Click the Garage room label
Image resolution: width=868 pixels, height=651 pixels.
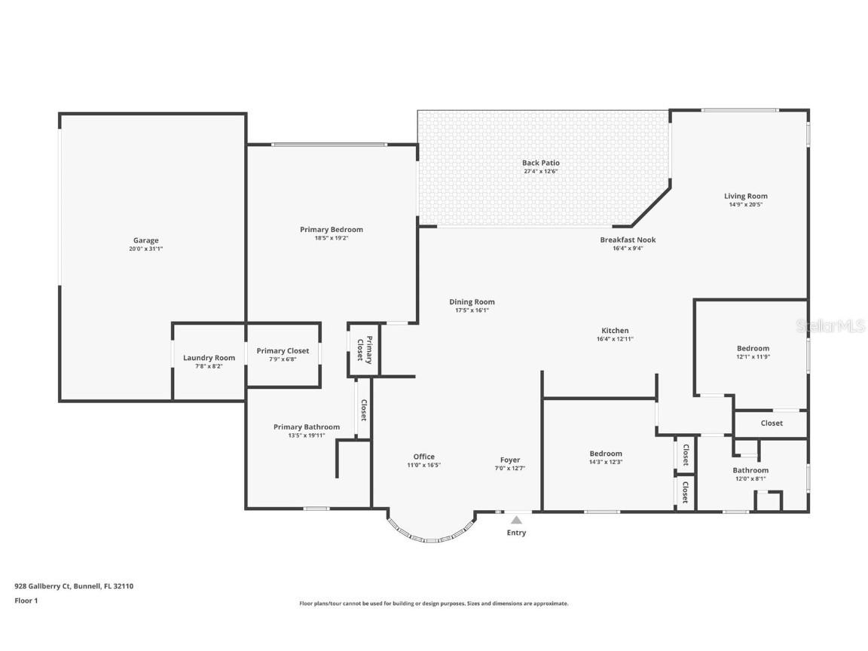tap(146, 240)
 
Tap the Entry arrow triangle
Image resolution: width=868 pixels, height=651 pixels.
tap(516, 520)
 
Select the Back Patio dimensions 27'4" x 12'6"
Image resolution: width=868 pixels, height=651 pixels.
tap(541, 171)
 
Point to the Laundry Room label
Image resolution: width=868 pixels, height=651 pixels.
tap(209, 358)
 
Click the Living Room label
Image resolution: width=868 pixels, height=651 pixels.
tap(745, 196)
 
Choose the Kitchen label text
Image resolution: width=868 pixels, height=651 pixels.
tap(615, 331)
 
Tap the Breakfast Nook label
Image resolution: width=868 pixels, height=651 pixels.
tap(628, 240)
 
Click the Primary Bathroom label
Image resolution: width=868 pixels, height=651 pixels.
tap(306, 427)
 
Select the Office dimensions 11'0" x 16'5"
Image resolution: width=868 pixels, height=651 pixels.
tap(423, 465)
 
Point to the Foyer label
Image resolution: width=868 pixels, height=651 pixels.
tap(510, 460)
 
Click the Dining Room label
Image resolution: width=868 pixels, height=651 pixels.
tap(472, 302)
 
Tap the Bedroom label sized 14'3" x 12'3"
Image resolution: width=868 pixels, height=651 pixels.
tap(606, 454)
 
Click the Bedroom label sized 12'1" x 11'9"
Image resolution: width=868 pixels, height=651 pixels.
tap(753, 348)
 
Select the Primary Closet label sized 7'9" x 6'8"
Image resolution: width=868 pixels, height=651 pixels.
tap(283, 351)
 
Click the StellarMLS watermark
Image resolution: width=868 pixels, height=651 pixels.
tap(832, 326)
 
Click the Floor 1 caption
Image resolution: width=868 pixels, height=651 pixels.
tap(26, 601)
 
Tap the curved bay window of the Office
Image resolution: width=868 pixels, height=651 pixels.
tap(429, 536)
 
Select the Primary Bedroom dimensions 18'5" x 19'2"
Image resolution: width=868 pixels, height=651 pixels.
tap(331, 237)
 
